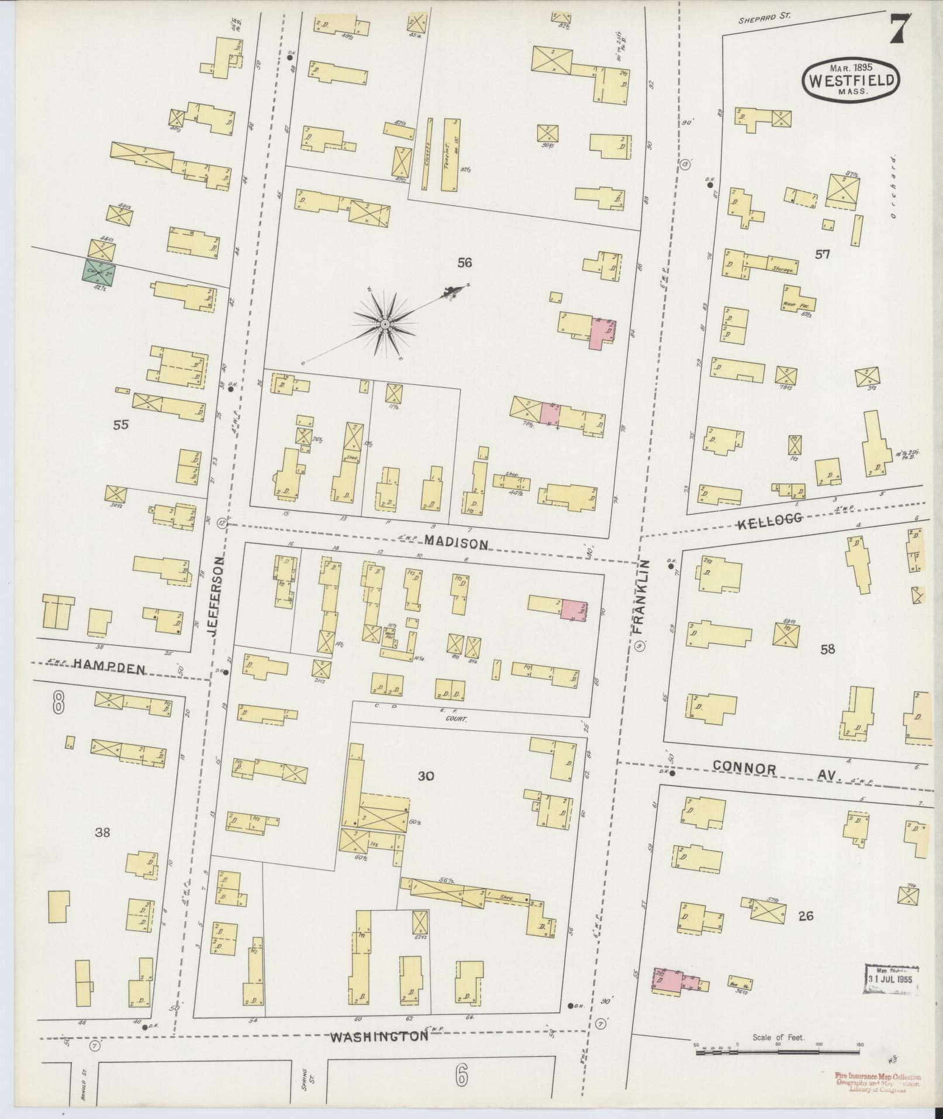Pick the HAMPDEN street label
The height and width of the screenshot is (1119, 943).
pos(109,668)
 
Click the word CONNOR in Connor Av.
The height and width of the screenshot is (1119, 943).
pos(744,769)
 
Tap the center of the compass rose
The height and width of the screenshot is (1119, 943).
pos(385,323)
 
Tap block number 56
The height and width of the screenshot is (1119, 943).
pos(465,263)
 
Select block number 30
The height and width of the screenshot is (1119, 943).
pos(426,776)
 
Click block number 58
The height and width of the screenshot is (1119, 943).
pos(827,648)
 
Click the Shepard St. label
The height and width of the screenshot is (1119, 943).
pos(764,18)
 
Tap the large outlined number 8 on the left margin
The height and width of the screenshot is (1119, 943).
pos(58,702)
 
